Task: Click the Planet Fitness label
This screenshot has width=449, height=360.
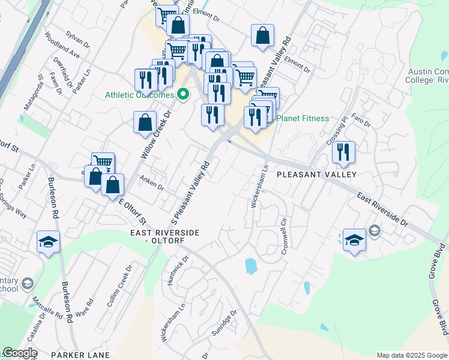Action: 303,118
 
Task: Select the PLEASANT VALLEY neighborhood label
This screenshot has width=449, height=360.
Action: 317,175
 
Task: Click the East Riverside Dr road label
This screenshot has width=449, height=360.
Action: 382,209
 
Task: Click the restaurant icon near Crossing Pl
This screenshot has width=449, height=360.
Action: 343,152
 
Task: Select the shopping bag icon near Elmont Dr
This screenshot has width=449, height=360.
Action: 263,35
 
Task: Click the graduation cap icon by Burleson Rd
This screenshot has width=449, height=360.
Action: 48,242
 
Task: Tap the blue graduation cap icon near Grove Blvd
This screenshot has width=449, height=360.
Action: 354,240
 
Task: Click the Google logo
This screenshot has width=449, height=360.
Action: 20,353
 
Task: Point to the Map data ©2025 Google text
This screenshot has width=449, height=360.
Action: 411,355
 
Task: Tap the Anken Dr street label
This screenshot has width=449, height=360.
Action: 151,182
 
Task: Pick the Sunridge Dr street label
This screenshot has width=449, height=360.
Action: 226,323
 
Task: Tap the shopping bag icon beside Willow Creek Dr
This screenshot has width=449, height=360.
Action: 145,122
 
